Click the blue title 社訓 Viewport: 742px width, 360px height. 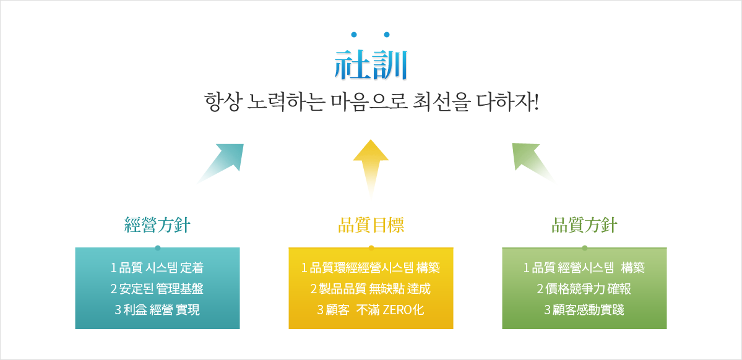(371, 66)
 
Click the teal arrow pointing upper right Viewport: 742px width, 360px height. (222, 163)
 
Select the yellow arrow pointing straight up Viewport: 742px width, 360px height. (371, 168)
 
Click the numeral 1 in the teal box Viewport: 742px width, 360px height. (114, 268)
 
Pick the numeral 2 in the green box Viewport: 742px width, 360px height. (540, 289)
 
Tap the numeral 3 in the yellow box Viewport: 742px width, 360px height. (320, 311)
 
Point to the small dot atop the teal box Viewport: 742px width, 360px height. (158, 247)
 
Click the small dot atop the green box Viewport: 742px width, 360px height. (585, 247)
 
